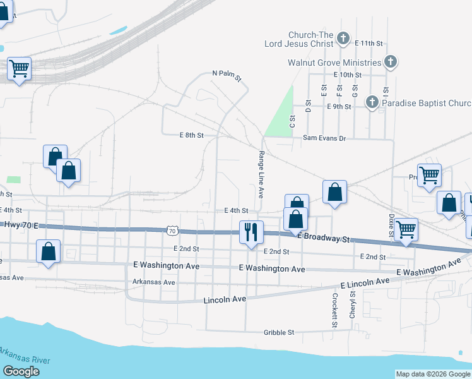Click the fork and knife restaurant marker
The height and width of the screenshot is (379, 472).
tap(251, 232)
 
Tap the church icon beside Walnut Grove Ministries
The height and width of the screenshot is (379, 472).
tap(391, 62)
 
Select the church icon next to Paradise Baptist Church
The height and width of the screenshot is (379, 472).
tap(372, 102)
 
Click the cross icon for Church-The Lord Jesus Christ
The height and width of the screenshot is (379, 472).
tap(343, 39)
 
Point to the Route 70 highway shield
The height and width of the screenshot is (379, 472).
tap(172, 231)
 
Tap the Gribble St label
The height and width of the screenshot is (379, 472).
tap(278, 332)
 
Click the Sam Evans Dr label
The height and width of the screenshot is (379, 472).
tap(324, 138)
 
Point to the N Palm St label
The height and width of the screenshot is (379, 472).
tap(227, 74)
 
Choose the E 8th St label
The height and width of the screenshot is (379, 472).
tap(192, 135)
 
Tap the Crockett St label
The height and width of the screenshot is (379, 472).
tap(334, 310)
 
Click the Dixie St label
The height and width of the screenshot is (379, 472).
tap(391, 226)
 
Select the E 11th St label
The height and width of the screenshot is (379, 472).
tap(369, 43)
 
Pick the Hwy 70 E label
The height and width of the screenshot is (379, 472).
tap(20, 225)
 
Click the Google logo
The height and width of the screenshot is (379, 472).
tap(21, 371)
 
